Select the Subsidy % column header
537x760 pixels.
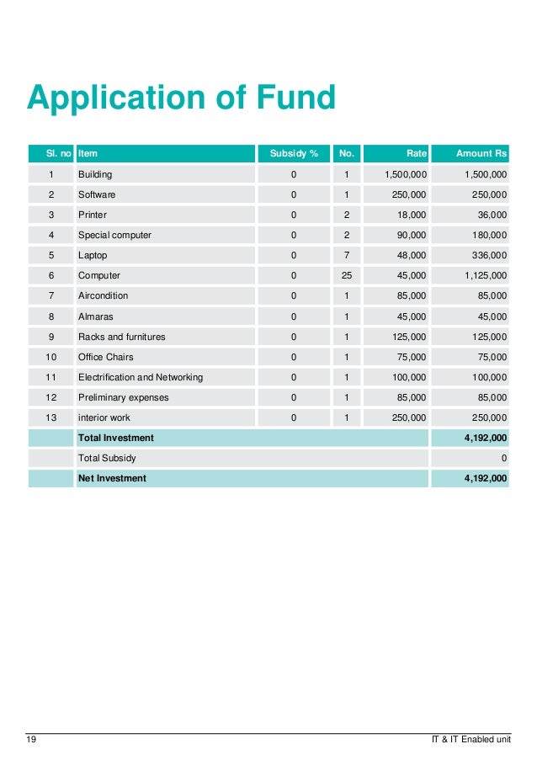[x=293, y=154]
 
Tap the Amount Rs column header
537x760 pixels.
[x=481, y=154]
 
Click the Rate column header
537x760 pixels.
[x=416, y=154]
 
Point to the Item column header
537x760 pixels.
[x=88, y=154]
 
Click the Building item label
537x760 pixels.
[x=95, y=174]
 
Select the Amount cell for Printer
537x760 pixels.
[x=487, y=215]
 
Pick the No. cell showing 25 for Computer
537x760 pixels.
[x=346, y=275]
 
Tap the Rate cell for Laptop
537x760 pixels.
[x=412, y=255]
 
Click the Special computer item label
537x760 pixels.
[x=114, y=235]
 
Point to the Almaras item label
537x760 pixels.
[x=96, y=316]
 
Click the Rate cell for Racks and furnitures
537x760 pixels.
[x=409, y=337]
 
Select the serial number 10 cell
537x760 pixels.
[x=51, y=357]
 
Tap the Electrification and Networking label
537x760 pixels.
[x=140, y=377]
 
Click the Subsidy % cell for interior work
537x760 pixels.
[x=293, y=417]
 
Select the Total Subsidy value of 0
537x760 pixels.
[x=503, y=458]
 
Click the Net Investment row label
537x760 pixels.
[x=112, y=478]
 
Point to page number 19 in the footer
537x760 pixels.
[x=31, y=741]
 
